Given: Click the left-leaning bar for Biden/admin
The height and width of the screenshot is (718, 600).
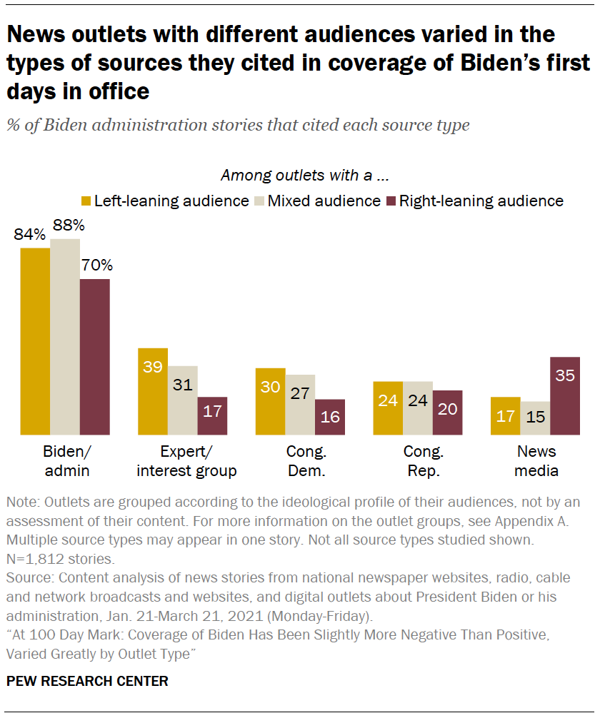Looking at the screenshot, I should pyautogui.click(x=35, y=341).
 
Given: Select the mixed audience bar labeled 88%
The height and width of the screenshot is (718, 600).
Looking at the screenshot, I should pyautogui.click(x=65, y=337).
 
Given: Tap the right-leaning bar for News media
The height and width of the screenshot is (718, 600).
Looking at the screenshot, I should pyautogui.click(x=565, y=395).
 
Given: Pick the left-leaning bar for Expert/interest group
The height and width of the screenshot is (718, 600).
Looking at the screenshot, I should pyautogui.click(x=153, y=391).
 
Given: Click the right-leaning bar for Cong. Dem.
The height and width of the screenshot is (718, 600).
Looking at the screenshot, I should pyautogui.click(x=330, y=417).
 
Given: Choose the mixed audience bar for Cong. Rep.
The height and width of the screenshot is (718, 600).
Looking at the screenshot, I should pyautogui.click(x=418, y=408).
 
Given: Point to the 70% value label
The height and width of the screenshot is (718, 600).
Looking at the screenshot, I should pyautogui.click(x=96, y=266).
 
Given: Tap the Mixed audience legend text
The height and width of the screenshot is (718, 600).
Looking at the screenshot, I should pyautogui.click(x=324, y=201).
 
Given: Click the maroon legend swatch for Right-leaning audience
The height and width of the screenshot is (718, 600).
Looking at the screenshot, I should pyautogui.click(x=391, y=201).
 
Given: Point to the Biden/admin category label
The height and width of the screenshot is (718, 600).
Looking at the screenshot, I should pyautogui.click(x=64, y=461).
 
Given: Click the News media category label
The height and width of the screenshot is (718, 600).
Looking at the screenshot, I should pyautogui.click(x=536, y=461).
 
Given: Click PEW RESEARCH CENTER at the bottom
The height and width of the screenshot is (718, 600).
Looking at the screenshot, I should pyautogui.click(x=87, y=682).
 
